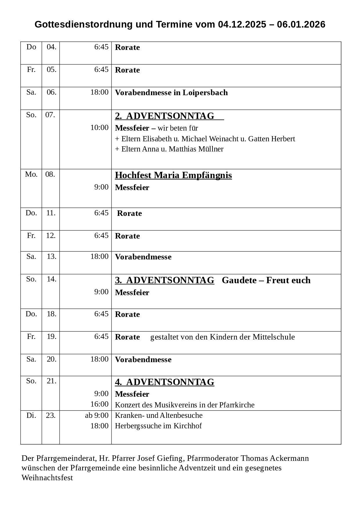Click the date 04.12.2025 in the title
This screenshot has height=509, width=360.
[242, 25]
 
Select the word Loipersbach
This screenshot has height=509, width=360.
[205, 93]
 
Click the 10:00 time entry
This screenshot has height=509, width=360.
[99, 128]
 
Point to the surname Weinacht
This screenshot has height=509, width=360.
[224, 139]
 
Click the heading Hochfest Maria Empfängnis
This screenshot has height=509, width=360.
[173, 176]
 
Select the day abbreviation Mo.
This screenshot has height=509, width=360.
[31, 174]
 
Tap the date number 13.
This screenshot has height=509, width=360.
[51, 257]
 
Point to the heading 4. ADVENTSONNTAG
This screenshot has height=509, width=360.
[165, 382]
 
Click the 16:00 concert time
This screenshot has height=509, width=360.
[99, 404]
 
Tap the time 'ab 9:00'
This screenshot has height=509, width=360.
[97, 416]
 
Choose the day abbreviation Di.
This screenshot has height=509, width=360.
[31, 416]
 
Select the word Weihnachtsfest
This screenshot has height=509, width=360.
[47, 478]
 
